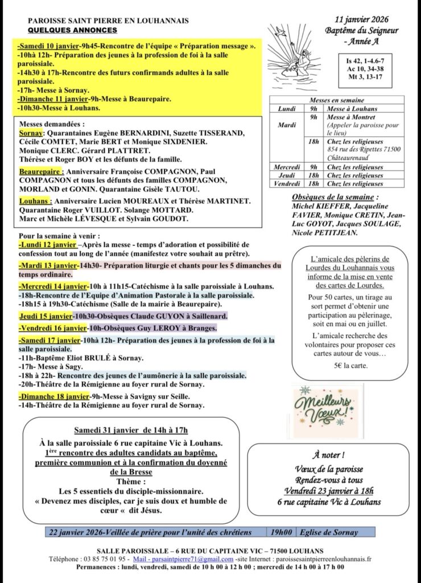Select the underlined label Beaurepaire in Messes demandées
point(41,171)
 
